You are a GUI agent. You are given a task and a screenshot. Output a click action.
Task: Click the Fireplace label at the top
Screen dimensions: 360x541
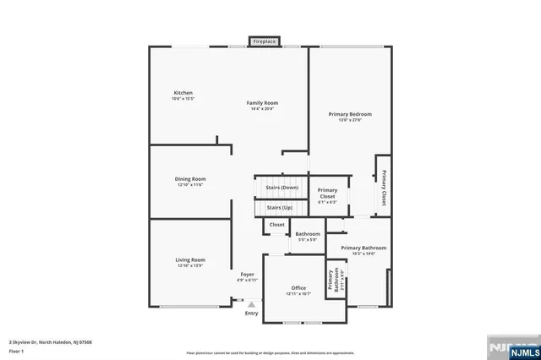coord(265,41)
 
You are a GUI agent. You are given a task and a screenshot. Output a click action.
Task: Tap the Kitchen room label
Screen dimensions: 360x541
coord(183,92)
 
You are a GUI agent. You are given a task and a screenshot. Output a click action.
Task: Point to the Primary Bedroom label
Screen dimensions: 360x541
coord(350,113)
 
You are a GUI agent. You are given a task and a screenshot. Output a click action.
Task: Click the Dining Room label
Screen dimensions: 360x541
coord(190,178)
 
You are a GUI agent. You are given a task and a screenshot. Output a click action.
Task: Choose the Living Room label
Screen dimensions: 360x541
coord(190,259)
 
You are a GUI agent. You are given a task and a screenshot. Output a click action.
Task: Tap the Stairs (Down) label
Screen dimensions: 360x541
coord(281,188)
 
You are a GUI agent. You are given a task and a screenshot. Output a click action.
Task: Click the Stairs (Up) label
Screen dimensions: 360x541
coord(280,207)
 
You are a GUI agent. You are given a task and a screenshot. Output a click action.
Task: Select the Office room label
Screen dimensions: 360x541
coord(298,287)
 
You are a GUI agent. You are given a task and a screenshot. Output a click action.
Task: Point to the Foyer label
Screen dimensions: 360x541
coord(247,274)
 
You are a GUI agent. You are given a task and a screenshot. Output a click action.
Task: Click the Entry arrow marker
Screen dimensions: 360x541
coord(251,304)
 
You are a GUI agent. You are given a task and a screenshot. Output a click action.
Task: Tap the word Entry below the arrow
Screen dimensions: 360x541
coord(251,314)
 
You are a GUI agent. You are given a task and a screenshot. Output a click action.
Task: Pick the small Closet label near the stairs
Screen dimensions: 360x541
coord(276,225)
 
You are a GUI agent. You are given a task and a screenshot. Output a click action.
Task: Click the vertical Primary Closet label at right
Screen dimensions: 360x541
coord(383,188)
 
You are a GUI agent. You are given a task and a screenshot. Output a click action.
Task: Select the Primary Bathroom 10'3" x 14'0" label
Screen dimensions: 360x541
coord(363,248)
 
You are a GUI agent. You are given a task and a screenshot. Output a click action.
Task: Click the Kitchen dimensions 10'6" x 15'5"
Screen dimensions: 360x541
coord(183,99)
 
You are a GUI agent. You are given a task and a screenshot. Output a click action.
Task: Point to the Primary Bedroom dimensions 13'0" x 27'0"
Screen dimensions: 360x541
coord(350,120)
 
